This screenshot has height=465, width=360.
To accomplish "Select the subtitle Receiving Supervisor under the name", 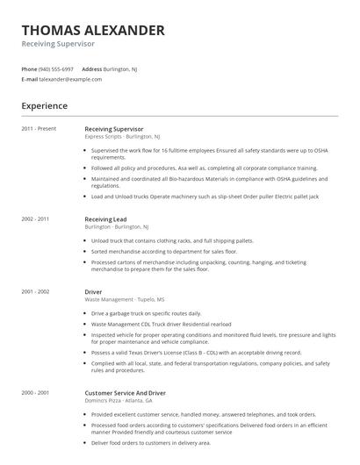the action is [58, 44].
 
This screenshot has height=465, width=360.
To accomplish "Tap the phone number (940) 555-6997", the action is [57, 68].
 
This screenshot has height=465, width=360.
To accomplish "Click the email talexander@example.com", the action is [70, 79].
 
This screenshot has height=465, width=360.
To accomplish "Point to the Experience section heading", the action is [44, 105].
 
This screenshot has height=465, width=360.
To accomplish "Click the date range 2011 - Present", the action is [39, 129].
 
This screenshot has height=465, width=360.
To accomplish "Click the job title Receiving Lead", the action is [105, 218].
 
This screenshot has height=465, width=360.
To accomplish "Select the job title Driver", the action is [93, 291].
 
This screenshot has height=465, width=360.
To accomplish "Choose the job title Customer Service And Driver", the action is [125, 393].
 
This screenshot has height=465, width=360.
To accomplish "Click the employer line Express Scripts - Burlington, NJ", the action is [122, 138].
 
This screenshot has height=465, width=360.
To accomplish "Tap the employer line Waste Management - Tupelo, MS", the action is [124, 300].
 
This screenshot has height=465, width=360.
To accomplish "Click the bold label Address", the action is [91, 68].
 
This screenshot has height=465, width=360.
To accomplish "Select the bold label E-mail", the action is [29, 79].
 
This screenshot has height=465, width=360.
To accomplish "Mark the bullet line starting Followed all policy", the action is [204, 168].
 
